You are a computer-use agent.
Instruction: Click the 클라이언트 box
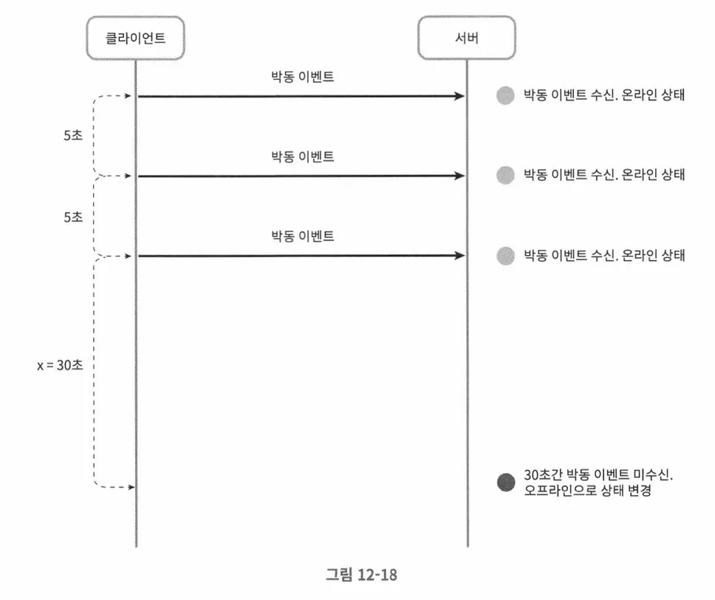coord(135,38)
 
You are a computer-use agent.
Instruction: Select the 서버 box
coord(467,38)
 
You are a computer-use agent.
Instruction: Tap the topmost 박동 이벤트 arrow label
coord(302,77)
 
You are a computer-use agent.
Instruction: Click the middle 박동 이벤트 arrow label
coord(302,157)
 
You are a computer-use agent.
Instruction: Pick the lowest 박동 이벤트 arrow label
coord(302,236)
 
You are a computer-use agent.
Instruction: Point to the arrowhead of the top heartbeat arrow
coord(460,96)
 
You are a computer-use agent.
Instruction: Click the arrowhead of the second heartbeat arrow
coord(460,176)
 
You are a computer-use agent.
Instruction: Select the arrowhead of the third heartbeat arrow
coord(460,256)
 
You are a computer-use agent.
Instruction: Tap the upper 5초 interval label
coord(73,137)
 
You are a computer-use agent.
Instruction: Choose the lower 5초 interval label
coord(73,217)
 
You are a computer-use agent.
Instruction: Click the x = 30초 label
coord(58,365)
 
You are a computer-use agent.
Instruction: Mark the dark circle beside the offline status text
coord(505,483)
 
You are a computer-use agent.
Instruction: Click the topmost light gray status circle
coord(505,95)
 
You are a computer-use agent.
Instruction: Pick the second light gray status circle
coord(505,175)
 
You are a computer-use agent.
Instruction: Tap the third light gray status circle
coord(505,256)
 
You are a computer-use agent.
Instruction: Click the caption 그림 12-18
coord(357,574)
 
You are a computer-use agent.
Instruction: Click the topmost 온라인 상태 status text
coord(604,95)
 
